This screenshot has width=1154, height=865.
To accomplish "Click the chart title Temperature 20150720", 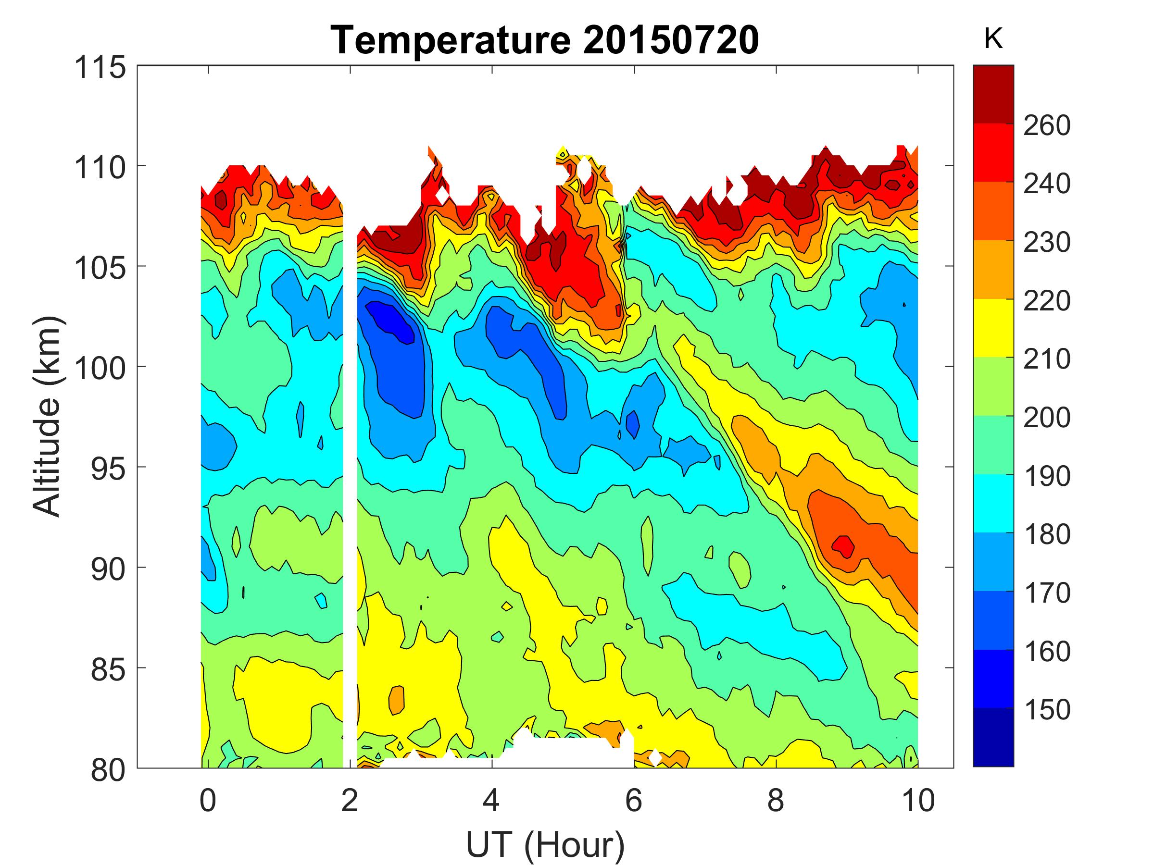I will (545, 40).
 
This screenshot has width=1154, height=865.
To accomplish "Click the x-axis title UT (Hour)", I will (545, 845).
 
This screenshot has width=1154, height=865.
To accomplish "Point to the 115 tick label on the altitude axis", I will (100, 67).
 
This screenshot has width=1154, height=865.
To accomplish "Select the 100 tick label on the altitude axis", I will (100, 368).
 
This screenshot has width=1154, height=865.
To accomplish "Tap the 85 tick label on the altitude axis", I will (108, 669).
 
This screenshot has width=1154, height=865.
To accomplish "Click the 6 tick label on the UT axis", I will (633, 800).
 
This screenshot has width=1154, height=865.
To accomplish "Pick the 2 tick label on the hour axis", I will (350, 800).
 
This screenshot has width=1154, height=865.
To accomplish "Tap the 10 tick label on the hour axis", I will (917, 800).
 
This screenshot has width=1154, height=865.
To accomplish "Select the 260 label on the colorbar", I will (1046, 125).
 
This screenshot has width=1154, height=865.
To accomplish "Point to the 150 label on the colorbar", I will (1046, 710).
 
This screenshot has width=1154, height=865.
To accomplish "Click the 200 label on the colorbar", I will (1046, 417).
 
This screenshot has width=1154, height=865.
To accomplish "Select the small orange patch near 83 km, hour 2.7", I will (397, 699).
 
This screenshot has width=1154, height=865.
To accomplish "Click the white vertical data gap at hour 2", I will (350, 469).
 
